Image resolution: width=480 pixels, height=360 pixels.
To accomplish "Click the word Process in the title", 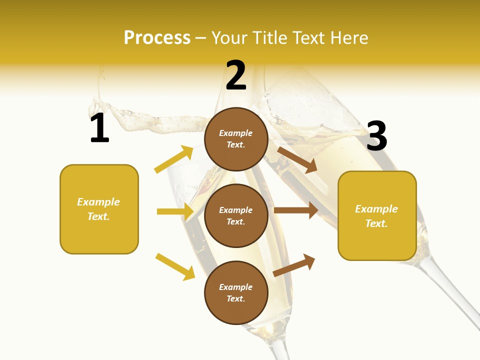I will pyautogui.click(x=157, y=38).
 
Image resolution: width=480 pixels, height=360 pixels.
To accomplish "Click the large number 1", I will pyautogui.click(x=99, y=128).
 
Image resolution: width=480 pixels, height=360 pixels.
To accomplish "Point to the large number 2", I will pyautogui.click(x=236, y=75).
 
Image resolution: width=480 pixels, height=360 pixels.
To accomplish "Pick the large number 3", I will pyautogui.click(x=377, y=136).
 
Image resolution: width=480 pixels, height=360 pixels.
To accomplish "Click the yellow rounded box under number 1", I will pyautogui.click(x=99, y=209).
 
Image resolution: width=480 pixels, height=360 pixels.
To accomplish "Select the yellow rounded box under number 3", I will pyautogui.click(x=377, y=215).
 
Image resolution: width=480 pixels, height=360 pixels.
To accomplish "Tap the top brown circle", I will pyautogui.click(x=236, y=139).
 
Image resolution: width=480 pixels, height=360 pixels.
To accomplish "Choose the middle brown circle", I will pyautogui.click(x=236, y=215).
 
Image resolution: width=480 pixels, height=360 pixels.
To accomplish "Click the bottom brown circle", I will pyautogui.click(x=236, y=292).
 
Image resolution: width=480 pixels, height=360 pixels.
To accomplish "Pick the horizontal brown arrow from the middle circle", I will pyautogui.click(x=296, y=210).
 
